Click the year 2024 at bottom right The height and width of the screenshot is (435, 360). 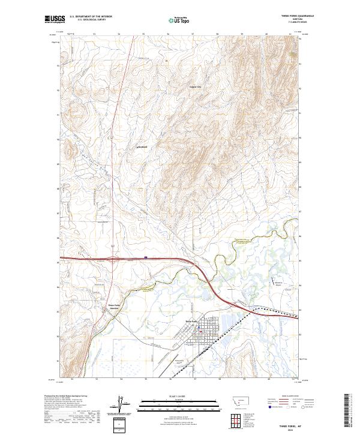point(284,428)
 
